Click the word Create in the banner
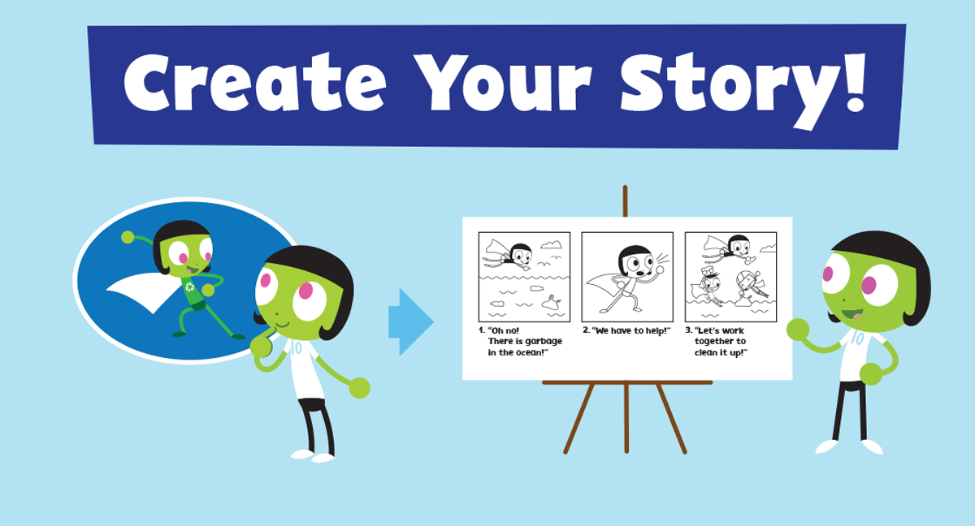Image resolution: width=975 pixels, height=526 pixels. (x=254, y=83)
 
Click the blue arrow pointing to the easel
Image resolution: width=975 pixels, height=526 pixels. (x=411, y=322)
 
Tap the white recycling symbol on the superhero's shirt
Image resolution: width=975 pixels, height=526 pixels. (x=190, y=287)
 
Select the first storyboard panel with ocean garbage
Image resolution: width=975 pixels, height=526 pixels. (x=524, y=277)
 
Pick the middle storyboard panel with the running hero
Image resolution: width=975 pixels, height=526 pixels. (x=627, y=277)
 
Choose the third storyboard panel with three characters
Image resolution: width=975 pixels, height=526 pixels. (x=730, y=277)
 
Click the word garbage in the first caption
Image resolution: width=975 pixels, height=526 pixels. (x=544, y=342)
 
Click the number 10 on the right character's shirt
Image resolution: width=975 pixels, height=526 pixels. (x=857, y=338)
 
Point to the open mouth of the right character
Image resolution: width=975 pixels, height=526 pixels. (x=852, y=314)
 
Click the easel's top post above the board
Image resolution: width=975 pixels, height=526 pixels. (x=625, y=200)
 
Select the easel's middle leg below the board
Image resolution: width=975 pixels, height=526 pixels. (x=626, y=417)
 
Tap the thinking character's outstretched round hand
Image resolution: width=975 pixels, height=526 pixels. (x=359, y=388)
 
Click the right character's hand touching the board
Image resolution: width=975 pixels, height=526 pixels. (x=798, y=330)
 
